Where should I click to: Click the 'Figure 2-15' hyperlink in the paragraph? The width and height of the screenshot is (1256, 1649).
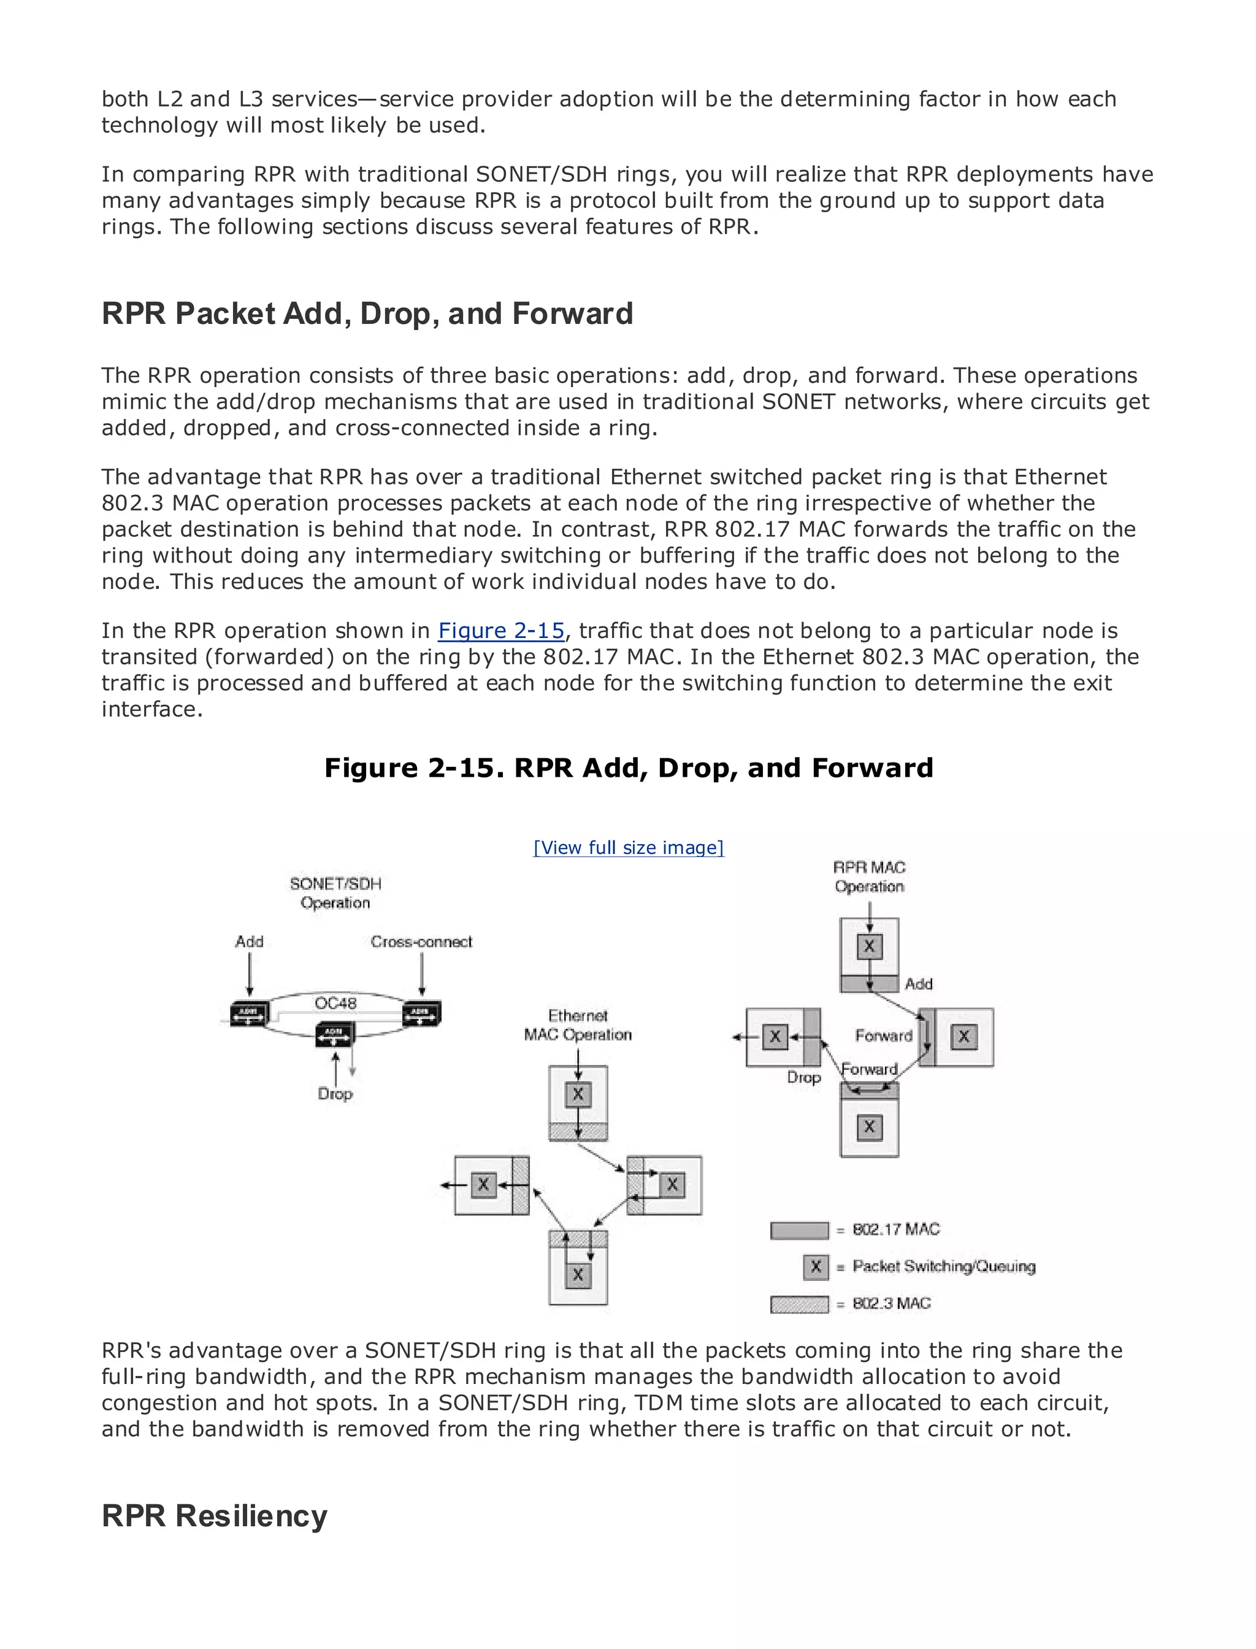[501, 631]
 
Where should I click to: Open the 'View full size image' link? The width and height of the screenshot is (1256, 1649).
[628, 847]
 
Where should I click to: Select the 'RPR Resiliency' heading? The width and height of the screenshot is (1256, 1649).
[215, 1515]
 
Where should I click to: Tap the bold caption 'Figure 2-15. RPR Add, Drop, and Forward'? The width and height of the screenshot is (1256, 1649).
[628, 768]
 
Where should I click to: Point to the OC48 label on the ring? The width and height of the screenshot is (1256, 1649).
[335, 1003]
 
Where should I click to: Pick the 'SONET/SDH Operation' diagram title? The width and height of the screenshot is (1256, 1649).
[335, 893]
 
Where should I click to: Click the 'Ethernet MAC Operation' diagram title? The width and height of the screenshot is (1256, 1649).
[577, 1025]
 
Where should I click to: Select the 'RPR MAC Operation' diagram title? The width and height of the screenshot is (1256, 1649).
[869, 877]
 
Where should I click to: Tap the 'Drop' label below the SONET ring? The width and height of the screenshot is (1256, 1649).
[334, 1093]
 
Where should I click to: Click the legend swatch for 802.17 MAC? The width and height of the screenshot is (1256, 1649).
[799, 1230]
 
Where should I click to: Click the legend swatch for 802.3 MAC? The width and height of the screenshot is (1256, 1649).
[799, 1304]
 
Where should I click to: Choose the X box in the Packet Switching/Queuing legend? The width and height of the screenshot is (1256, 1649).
[816, 1266]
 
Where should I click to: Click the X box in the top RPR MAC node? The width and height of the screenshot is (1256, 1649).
[869, 946]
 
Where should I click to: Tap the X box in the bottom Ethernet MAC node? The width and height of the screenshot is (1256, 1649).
[577, 1274]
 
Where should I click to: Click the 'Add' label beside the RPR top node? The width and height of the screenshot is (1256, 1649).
[918, 984]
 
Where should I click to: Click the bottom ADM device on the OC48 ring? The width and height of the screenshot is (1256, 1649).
[334, 1034]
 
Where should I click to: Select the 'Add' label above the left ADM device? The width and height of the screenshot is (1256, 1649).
[249, 942]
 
